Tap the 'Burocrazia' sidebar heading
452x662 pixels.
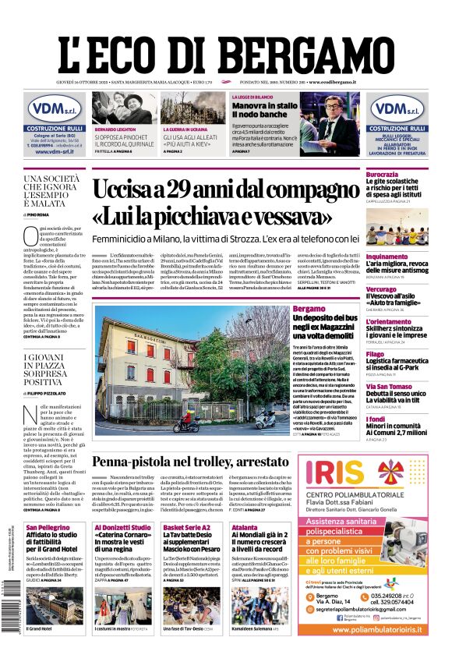pyautogui.click(x=387, y=174)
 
